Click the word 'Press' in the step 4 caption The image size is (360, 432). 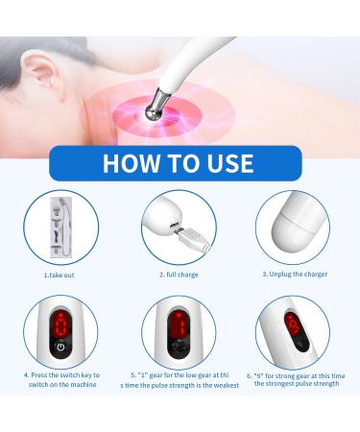coord(44,374)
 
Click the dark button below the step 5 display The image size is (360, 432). coord(178,350)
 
